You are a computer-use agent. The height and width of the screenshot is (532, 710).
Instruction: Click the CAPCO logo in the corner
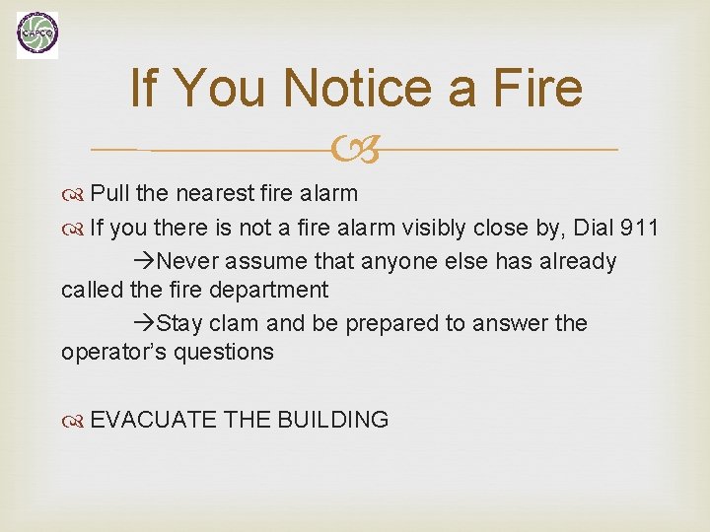click(37, 34)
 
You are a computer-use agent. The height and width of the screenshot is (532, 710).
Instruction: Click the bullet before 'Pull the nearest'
click(74, 192)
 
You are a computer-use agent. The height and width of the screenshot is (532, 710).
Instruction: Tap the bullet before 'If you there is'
click(74, 229)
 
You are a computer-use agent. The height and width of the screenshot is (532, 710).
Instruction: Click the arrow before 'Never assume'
click(143, 262)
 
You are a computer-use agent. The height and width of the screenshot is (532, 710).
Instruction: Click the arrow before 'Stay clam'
click(143, 324)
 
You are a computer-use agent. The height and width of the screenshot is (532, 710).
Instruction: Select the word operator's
click(115, 352)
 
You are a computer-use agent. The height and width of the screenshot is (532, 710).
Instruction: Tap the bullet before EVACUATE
click(74, 421)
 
